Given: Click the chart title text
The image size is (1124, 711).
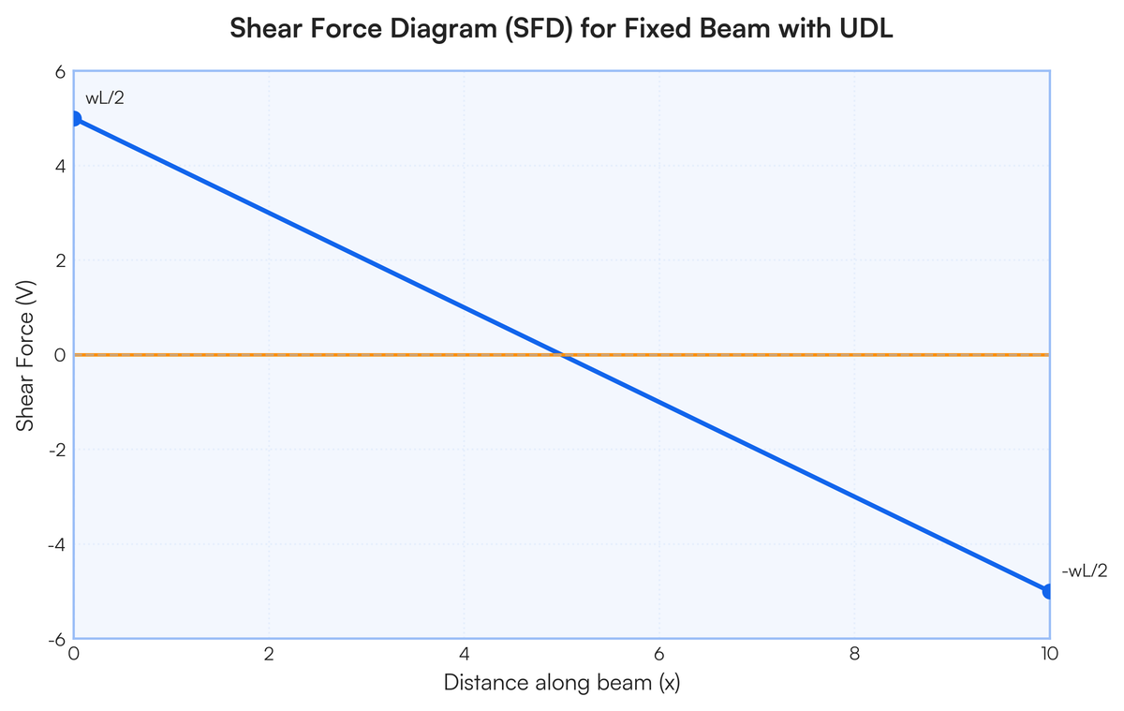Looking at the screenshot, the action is [x=561, y=28].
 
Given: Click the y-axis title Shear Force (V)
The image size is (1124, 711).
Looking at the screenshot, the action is [x=24, y=355].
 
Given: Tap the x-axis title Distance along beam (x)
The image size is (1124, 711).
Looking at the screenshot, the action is [x=561, y=683].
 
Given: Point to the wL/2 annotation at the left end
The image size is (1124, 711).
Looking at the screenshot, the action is [x=104, y=97].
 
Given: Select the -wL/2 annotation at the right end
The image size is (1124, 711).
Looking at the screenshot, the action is [x=1085, y=571].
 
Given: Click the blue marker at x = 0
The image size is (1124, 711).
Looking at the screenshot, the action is [x=75, y=119].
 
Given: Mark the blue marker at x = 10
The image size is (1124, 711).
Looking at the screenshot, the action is [x=1049, y=592].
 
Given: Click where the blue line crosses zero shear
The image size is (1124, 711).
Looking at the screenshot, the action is [x=562, y=355].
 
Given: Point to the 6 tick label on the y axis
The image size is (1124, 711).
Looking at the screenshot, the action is [x=60, y=72].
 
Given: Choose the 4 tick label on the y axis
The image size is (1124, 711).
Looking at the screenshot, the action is [x=60, y=166].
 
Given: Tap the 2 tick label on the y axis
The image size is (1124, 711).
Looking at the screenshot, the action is [x=60, y=260].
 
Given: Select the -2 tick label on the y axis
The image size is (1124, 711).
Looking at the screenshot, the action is [x=57, y=450].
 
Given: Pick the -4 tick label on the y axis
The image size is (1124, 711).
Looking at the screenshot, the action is [x=57, y=544].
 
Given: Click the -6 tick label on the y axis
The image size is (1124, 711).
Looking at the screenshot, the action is [x=57, y=640].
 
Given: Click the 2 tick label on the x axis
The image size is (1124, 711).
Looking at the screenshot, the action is [x=269, y=654].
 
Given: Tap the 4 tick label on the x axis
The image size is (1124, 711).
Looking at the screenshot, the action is [x=465, y=654].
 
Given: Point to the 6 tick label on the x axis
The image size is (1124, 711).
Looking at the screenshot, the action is [x=658, y=654].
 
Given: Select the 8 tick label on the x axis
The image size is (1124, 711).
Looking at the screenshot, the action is [x=854, y=654].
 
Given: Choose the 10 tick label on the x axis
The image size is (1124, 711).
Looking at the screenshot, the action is [x=1049, y=654].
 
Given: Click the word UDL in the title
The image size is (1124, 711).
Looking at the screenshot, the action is [x=866, y=28].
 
